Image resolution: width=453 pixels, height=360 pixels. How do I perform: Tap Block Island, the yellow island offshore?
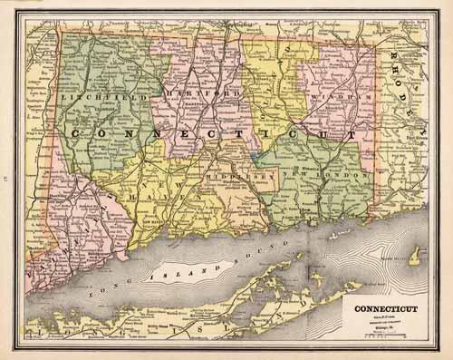[414, 258]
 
